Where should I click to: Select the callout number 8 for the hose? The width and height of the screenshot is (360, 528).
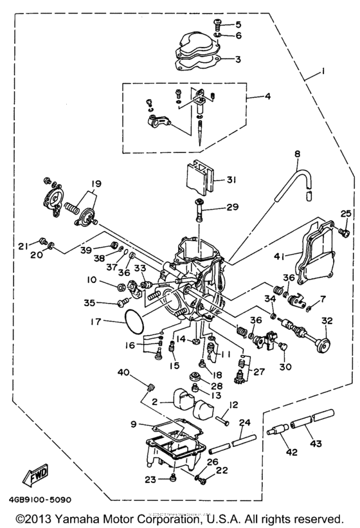tap(298, 154)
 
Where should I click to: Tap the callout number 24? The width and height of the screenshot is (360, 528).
tap(244, 423)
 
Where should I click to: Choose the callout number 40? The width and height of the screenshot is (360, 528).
tap(123, 372)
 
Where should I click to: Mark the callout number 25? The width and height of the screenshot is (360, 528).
tap(345, 231)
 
